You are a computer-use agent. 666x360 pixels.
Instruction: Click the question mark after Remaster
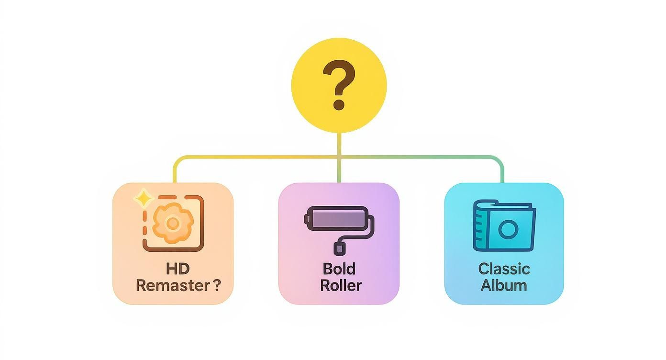pos(216,285)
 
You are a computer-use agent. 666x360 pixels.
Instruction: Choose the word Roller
pos(341,285)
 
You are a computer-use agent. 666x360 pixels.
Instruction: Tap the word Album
pos(504,285)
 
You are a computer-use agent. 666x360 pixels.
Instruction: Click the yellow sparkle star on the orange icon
pos(142,198)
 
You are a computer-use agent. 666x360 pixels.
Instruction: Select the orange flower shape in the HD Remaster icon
pos(173,223)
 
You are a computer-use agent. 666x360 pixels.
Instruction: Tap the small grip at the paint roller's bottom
pos(339,248)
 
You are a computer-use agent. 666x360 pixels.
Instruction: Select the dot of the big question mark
pos(339,104)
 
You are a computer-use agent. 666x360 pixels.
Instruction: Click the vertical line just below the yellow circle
pos(339,144)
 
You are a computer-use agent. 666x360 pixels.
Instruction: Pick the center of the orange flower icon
pos(173,223)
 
